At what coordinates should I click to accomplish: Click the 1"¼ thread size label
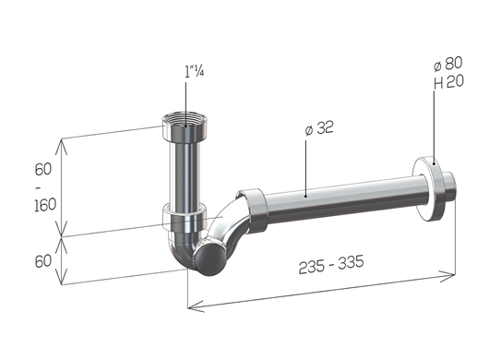[195, 72]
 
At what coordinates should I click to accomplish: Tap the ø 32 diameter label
[319, 128]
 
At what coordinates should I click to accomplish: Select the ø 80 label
[448, 64]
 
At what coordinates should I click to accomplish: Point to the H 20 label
[448, 82]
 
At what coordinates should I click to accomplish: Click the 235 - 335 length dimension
[331, 264]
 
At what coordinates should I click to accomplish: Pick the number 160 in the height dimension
[45, 205]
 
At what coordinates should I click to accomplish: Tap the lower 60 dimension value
[43, 261]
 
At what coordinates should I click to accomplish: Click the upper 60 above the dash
[43, 169]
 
